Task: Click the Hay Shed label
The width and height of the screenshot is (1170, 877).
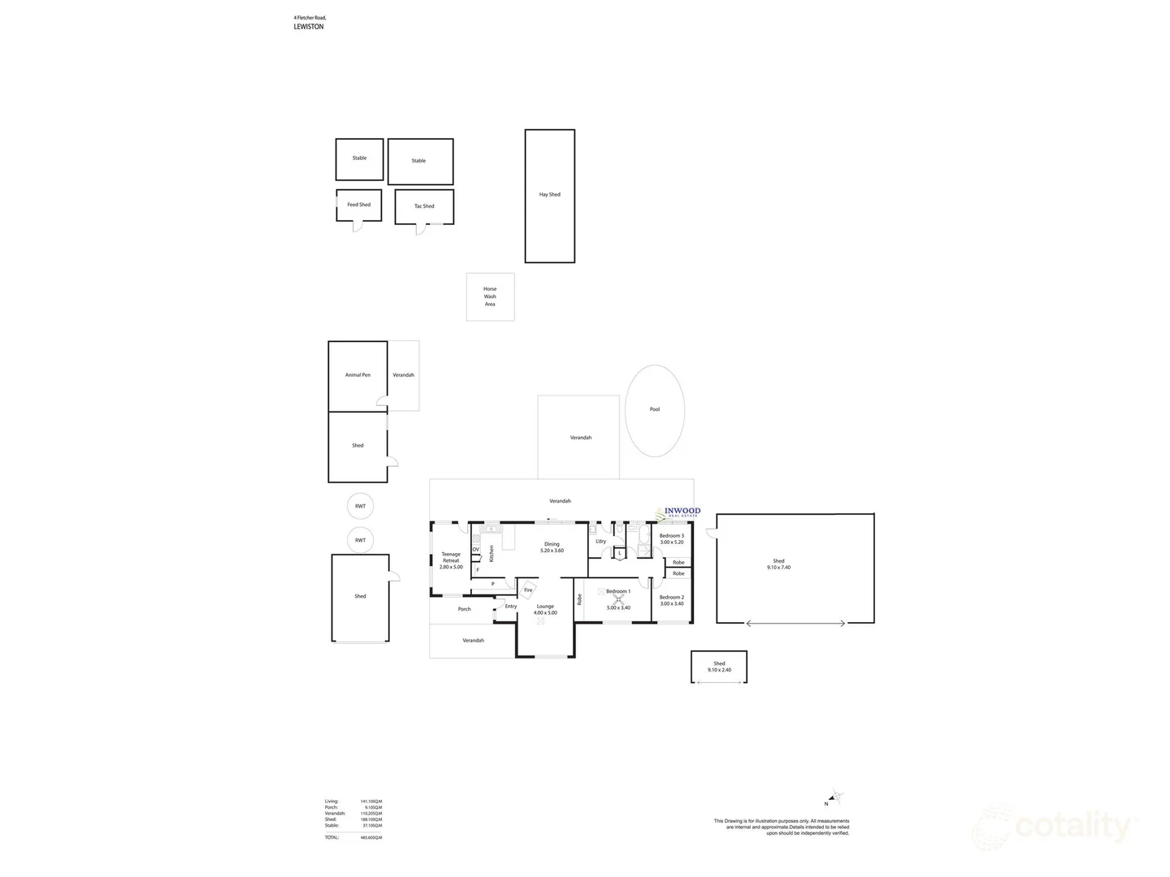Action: tap(549, 195)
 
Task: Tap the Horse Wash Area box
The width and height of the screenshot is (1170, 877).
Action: tap(490, 296)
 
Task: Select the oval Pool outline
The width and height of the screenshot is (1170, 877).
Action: tap(655, 409)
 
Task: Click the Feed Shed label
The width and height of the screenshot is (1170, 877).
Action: tap(358, 205)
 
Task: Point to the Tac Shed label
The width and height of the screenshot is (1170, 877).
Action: tap(424, 206)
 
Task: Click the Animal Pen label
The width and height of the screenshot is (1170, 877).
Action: tap(357, 375)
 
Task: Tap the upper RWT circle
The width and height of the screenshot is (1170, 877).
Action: tap(360, 506)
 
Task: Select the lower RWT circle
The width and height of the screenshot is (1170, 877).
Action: tap(360, 540)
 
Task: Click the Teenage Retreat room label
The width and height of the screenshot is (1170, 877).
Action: tap(451, 560)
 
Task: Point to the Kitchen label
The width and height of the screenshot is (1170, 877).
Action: tap(491, 554)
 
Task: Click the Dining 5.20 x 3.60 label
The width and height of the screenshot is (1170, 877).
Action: tap(552, 547)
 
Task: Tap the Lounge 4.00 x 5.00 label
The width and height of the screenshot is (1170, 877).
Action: tap(545, 609)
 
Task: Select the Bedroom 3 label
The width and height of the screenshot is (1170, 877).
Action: tap(671, 538)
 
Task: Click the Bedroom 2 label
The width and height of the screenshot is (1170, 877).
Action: tap(671, 600)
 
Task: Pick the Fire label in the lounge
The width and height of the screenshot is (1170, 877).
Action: tap(528, 590)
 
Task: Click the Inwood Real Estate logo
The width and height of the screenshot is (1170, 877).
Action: tap(679, 512)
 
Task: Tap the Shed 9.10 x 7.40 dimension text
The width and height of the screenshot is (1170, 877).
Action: tap(778, 568)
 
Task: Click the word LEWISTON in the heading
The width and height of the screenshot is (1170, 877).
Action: tap(309, 27)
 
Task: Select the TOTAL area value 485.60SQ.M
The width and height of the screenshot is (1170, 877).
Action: tap(371, 837)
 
